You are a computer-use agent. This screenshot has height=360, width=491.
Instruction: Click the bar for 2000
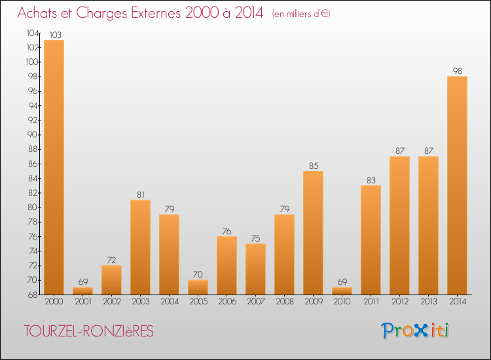click(54, 167)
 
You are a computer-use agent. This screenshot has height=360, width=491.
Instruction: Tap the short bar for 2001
click(82, 291)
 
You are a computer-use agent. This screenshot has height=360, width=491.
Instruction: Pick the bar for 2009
click(313, 232)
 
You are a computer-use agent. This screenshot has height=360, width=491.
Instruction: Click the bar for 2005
click(198, 287)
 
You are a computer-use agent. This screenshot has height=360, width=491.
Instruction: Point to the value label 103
click(54, 34)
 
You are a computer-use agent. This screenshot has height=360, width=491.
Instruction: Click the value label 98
click(457, 71)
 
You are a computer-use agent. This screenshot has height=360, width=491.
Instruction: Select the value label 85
click(313, 165)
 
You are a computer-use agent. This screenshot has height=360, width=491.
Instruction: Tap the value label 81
click(140, 194)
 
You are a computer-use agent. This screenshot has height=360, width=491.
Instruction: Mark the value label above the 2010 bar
click(342, 281)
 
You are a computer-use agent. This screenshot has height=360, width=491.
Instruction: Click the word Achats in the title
click(37, 13)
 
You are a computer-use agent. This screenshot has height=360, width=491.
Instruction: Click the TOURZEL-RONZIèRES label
click(88, 332)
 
